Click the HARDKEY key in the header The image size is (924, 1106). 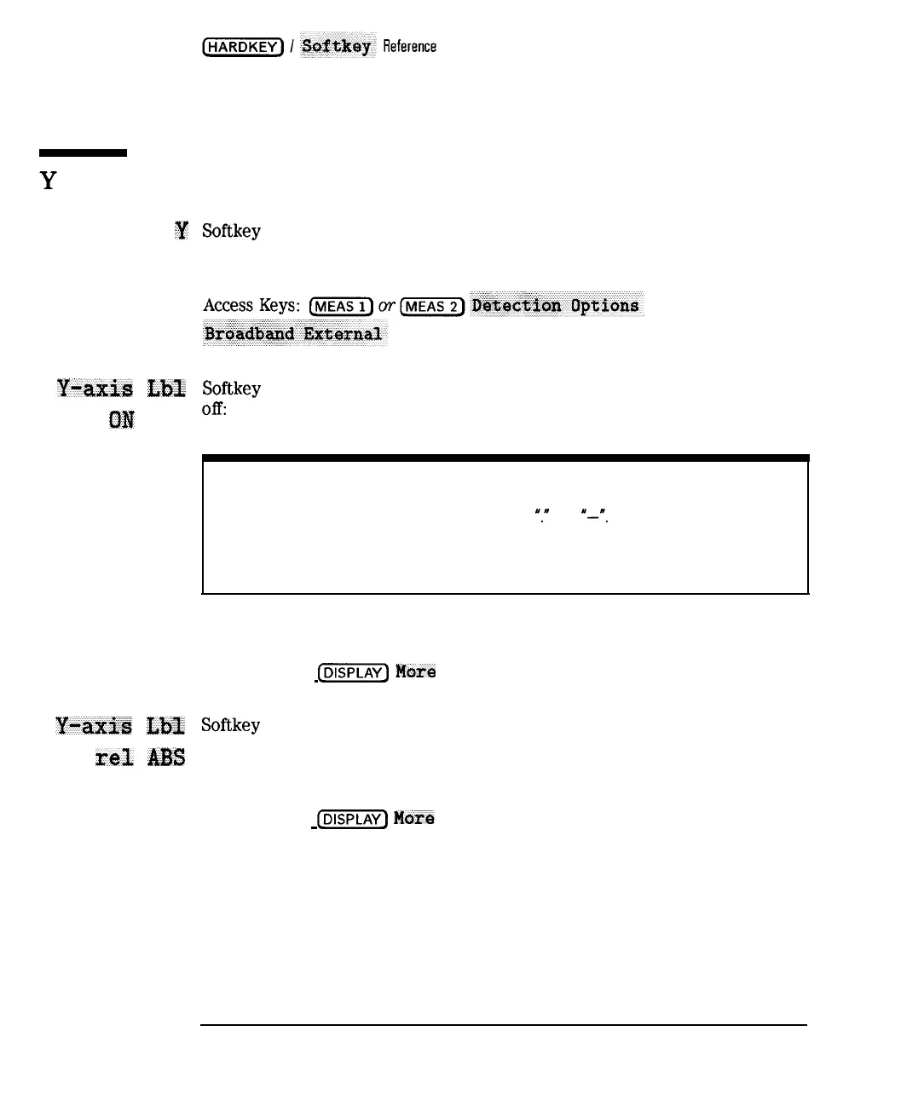click(243, 47)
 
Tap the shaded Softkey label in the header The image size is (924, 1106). click(337, 46)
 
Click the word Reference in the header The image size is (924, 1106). click(409, 47)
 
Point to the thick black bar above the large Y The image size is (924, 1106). click(83, 153)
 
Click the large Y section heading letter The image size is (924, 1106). click(49, 181)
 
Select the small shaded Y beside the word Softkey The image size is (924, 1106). click(182, 231)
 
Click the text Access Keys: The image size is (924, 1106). click(251, 306)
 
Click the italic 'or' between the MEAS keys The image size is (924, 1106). click(387, 306)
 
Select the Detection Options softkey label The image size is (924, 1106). click(556, 306)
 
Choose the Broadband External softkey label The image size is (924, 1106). click(294, 334)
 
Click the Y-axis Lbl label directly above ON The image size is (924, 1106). click(121, 389)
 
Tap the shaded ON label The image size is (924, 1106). click(122, 420)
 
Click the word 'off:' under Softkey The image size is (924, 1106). click(214, 409)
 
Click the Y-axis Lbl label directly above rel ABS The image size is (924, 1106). click(120, 726)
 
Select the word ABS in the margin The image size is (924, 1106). click(166, 757)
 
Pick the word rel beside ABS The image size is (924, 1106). click(114, 757)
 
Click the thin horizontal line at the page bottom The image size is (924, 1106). click(503, 1024)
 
